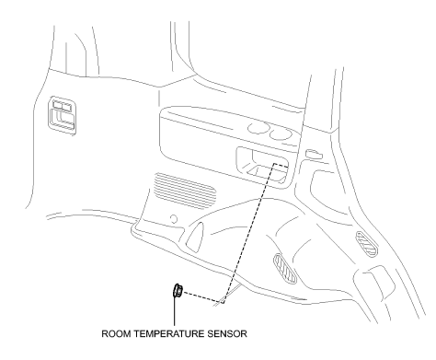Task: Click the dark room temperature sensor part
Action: [x=173, y=293]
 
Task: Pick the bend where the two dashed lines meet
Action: [x=224, y=300]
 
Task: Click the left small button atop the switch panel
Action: [x=57, y=108]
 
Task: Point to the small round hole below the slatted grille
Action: [x=174, y=219]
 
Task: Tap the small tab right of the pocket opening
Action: [x=314, y=153]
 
